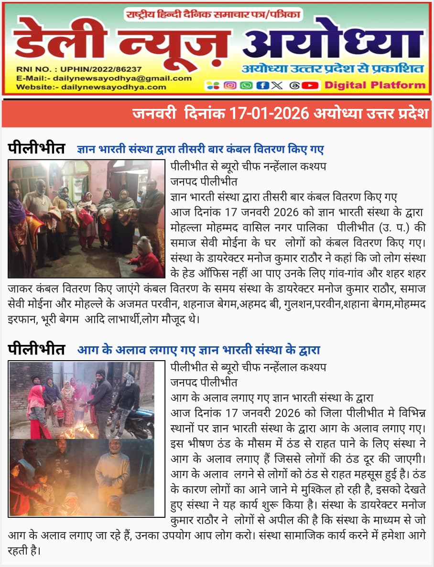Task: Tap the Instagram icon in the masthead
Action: pyautogui.click(x=230, y=86)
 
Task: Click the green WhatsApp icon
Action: pyautogui.click(x=246, y=86)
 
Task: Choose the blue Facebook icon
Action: pyautogui.click(x=261, y=86)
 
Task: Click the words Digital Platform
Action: pyautogui.click(x=375, y=86)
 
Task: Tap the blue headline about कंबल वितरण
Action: pyautogui.click(x=200, y=150)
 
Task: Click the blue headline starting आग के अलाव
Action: pyautogui.click(x=198, y=350)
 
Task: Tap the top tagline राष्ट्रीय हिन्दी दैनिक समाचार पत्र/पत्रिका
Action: pyautogui.click(x=213, y=15)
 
